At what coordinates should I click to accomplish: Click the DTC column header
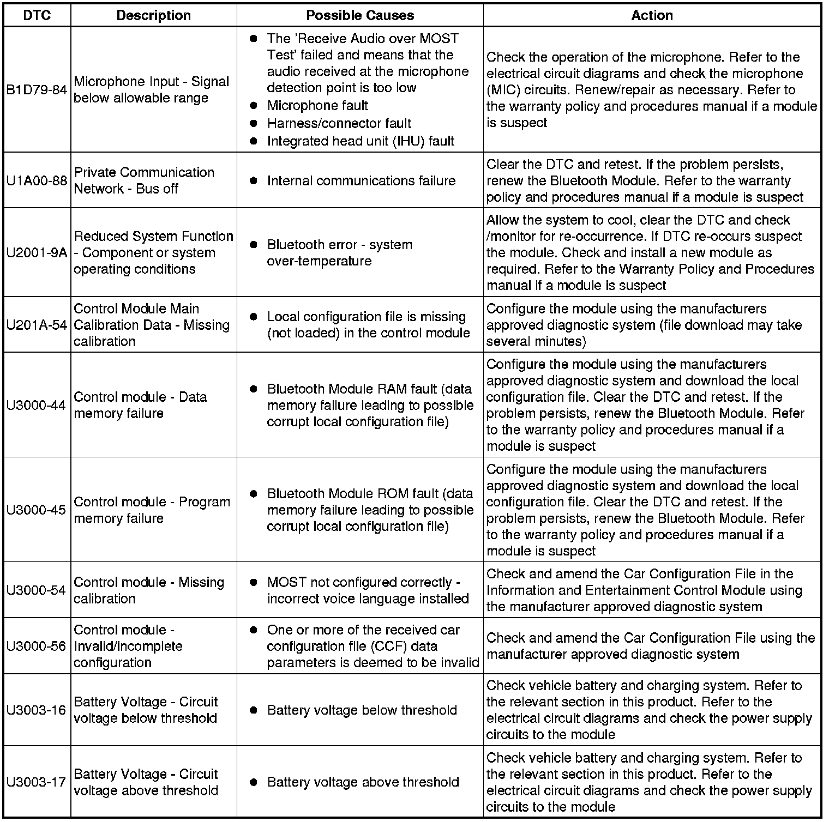pos(37,15)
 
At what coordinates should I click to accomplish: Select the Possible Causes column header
pos(360,15)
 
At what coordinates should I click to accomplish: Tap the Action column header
pos(652,15)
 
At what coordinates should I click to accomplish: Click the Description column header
pos(154,15)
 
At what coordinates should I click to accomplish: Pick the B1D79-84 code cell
pos(37,90)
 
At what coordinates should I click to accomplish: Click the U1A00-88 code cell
pos(37,180)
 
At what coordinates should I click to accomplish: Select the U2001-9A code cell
pos(37,252)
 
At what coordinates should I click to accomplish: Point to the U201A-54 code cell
pos(37,325)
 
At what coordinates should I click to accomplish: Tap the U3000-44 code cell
pos(37,405)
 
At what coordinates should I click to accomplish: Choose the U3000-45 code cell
pos(37,510)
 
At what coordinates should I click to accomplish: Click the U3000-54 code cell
pos(37,590)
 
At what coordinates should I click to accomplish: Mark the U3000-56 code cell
pos(37,646)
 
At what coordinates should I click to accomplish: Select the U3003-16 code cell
pos(37,710)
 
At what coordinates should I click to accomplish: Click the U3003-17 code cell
pos(37,782)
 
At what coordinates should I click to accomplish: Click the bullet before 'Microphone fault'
pos(253,106)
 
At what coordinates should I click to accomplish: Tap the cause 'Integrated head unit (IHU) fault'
pos(361,141)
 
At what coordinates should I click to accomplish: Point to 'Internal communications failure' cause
pos(361,180)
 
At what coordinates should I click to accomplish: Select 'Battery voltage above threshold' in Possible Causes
pos(363,782)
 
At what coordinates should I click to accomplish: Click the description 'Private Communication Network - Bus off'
pos(144,180)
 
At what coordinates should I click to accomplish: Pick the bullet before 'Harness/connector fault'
pos(253,124)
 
